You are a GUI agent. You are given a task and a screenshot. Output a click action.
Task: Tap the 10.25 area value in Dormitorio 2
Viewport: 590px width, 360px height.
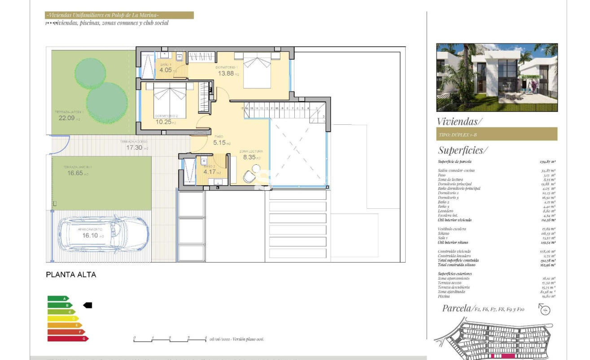point(163,121)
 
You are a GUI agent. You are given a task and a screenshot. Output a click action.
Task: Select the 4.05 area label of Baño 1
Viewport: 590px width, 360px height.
point(166,70)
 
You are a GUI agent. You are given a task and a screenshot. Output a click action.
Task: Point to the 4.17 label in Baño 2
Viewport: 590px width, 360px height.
point(209,171)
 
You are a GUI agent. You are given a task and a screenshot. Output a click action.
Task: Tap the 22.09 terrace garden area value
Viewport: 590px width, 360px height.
point(66,118)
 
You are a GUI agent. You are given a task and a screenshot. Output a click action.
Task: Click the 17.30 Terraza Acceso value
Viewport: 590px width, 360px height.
point(134,147)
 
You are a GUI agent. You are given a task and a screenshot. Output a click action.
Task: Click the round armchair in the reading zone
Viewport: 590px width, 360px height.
point(249,177)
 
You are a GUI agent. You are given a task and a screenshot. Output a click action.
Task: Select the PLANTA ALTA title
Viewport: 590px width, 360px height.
point(71,275)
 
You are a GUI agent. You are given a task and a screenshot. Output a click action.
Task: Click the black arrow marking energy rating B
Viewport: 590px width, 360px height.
point(87,305)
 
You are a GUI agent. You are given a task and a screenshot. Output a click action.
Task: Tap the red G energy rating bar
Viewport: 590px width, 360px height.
point(67,338)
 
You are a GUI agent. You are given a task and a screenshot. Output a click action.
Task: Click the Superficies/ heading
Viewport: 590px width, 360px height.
point(463,150)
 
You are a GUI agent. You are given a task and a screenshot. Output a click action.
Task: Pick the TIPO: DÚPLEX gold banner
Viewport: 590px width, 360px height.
point(497,134)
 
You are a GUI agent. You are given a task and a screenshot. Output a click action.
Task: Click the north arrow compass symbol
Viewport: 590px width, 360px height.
point(545,309)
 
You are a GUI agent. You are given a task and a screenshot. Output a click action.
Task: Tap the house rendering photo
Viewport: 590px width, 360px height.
point(497,77)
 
